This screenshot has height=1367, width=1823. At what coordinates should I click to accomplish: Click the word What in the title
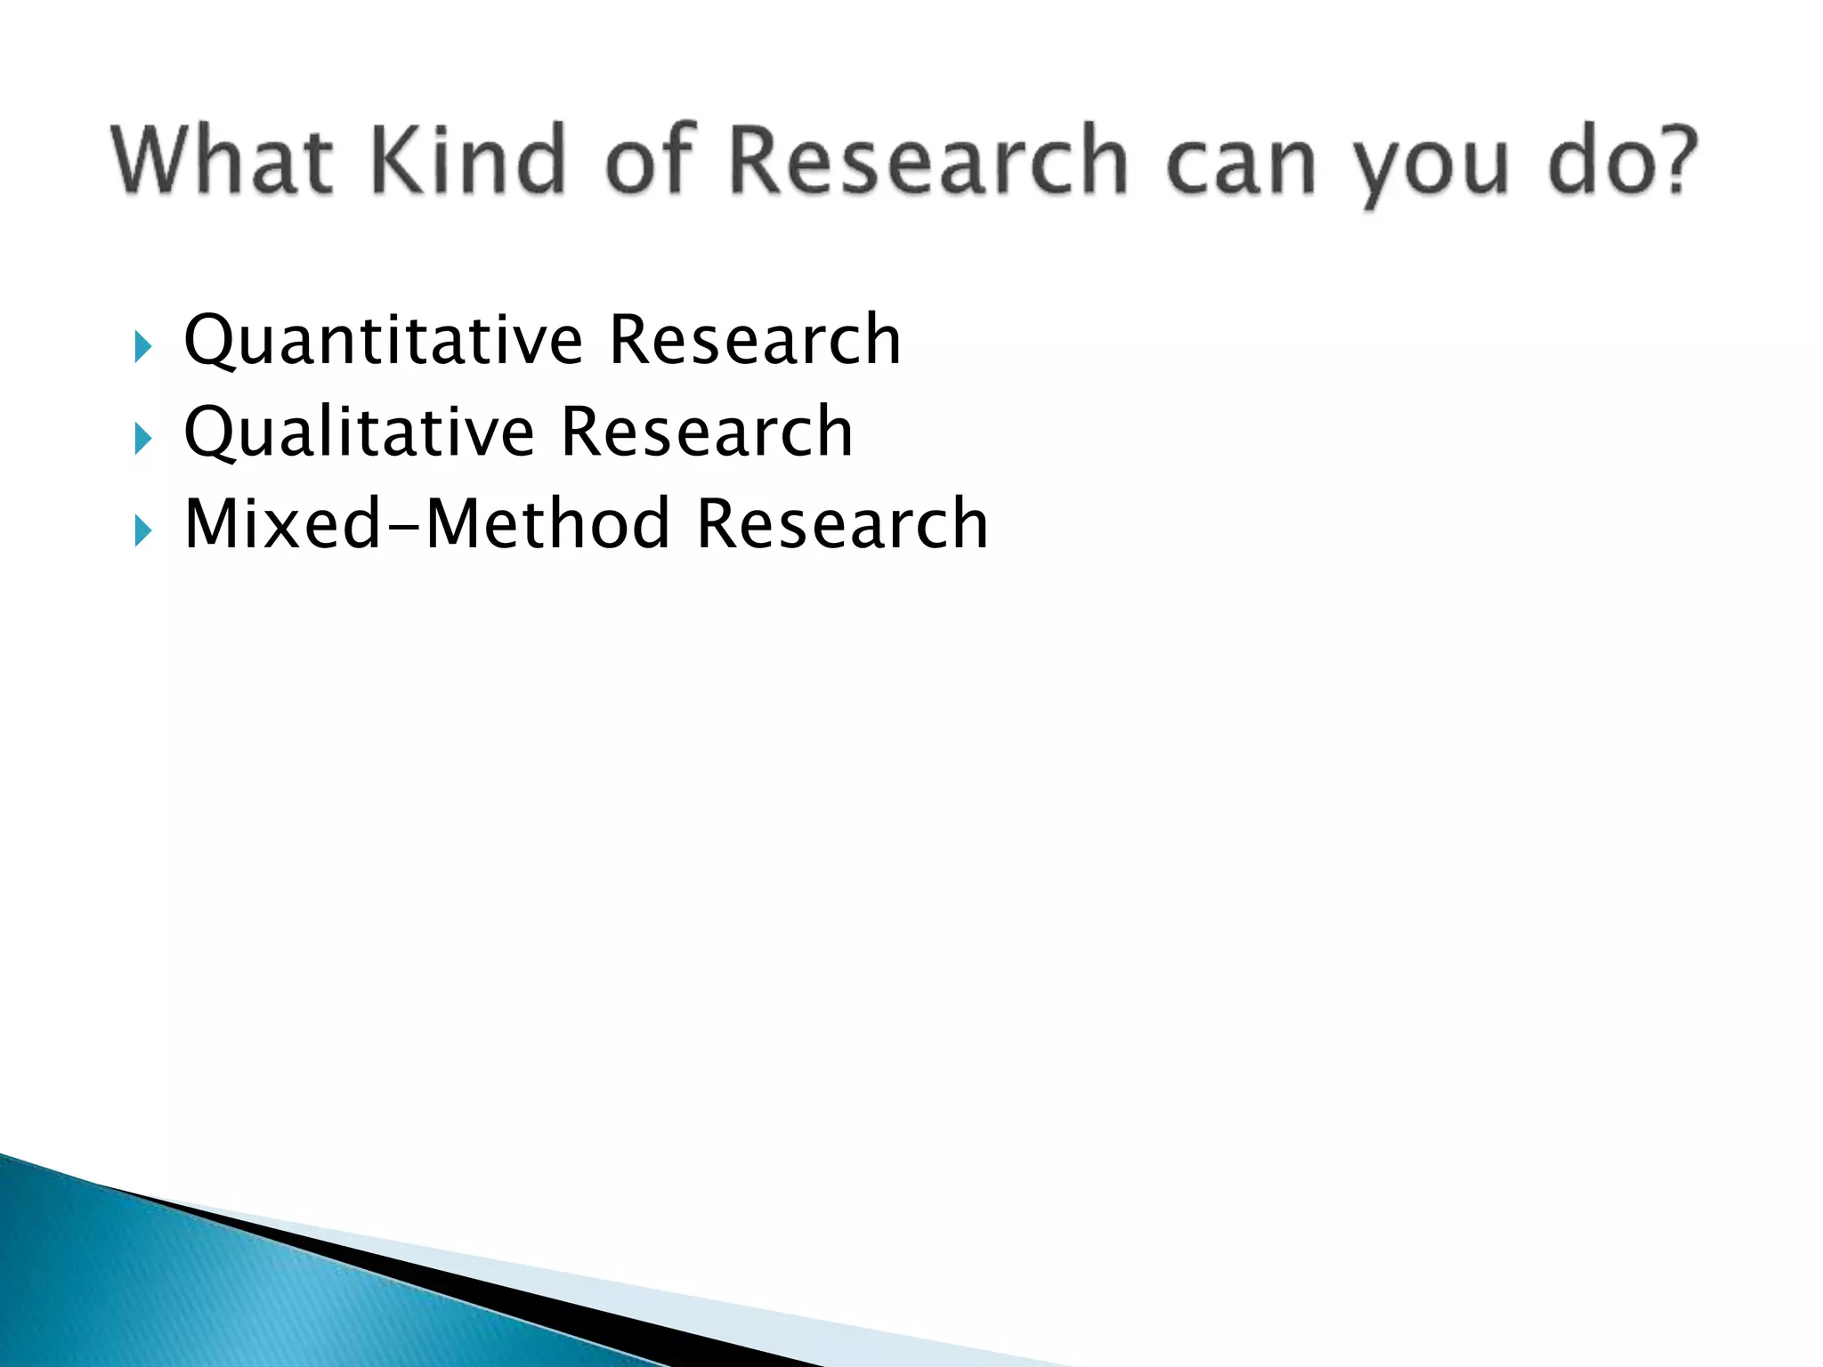click(223, 160)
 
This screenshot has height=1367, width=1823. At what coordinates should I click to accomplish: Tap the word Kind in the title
click(468, 160)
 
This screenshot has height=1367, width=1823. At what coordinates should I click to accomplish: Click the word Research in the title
click(929, 160)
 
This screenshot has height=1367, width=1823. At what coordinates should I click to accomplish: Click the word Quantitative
click(384, 340)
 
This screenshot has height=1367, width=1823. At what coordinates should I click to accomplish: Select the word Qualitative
click(360, 433)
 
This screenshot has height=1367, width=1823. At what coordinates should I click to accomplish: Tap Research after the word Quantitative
click(755, 340)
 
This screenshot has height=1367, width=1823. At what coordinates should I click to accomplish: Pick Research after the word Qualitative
click(707, 433)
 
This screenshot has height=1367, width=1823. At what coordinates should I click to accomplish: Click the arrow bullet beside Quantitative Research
click(142, 346)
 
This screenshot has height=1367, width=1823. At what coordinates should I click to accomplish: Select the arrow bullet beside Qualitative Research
click(142, 439)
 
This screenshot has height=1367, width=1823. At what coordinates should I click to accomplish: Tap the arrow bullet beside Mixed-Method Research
click(142, 530)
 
